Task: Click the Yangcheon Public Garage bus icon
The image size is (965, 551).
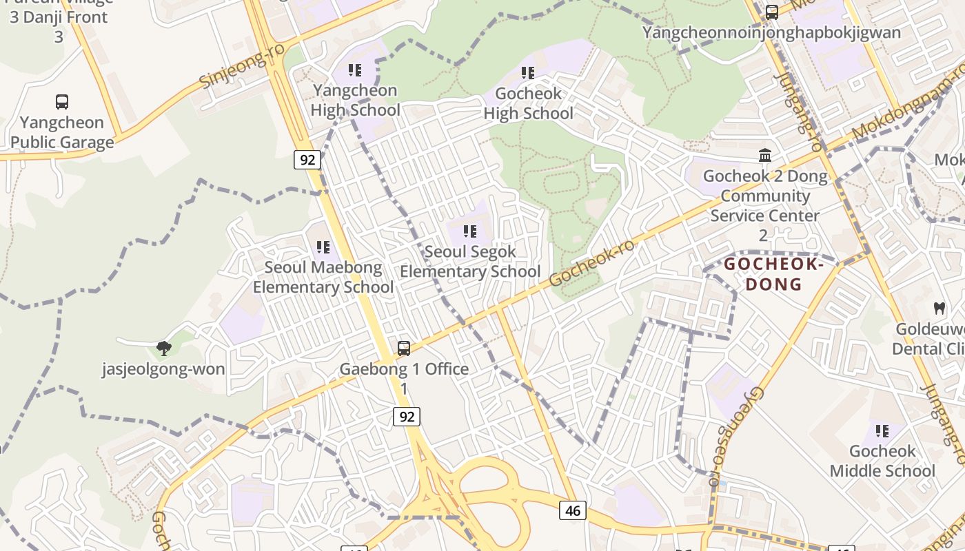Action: (62, 102)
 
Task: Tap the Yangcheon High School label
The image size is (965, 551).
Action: (355, 101)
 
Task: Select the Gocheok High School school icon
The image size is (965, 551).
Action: (528, 72)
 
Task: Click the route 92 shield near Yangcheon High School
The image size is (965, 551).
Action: (307, 160)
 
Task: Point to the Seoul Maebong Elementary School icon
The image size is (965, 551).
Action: (323, 247)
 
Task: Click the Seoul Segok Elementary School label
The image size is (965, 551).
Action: (470, 262)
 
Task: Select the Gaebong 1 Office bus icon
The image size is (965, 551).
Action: (404, 349)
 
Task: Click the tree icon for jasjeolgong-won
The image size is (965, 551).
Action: (163, 348)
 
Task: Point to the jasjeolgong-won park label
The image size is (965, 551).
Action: (163, 369)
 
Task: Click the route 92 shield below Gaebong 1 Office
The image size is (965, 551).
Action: (407, 417)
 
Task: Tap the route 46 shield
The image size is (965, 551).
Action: (573, 510)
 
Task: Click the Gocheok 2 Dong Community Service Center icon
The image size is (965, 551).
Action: (765, 156)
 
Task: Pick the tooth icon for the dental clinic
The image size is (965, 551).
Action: (939, 308)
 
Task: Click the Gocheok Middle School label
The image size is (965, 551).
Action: (882, 461)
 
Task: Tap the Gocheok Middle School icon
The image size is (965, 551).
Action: (882, 431)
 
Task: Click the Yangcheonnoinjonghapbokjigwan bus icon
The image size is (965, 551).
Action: (772, 12)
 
